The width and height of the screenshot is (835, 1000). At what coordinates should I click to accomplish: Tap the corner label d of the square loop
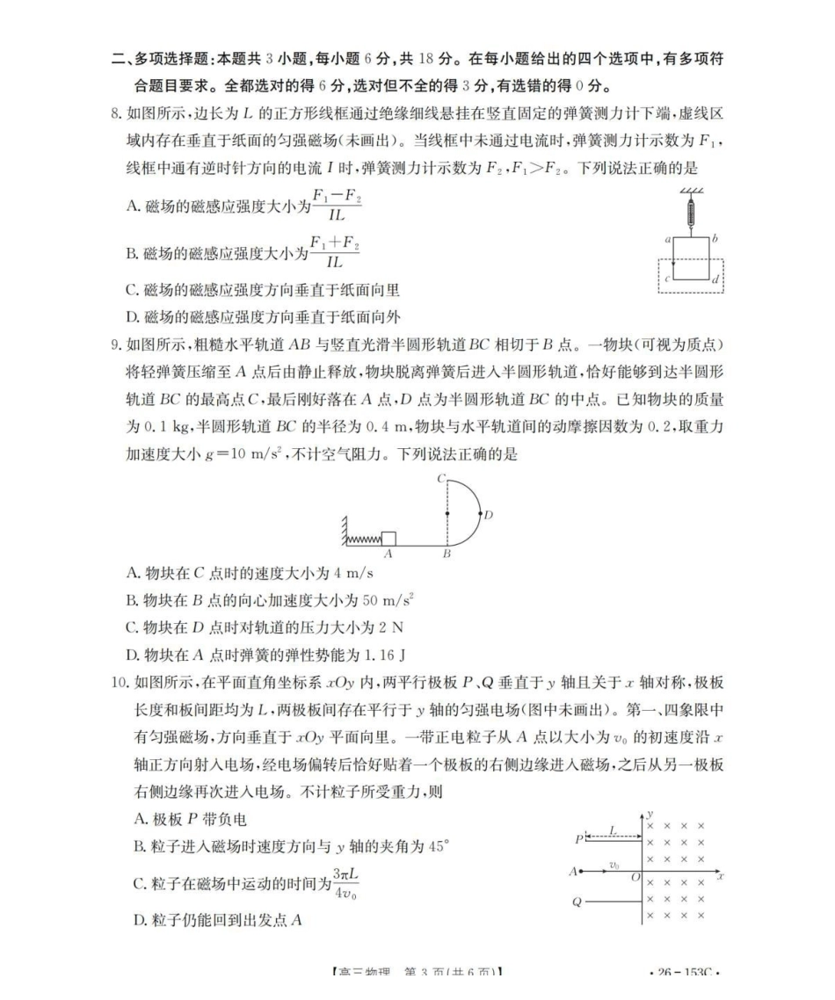pos(715,280)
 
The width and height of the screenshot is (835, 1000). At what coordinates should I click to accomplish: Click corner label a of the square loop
pos(669,238)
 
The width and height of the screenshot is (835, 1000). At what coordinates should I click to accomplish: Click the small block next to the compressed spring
pos(388,539)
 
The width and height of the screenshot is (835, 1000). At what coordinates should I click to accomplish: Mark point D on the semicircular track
pos(489,515)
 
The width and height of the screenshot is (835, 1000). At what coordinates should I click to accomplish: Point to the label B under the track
pos(447,555)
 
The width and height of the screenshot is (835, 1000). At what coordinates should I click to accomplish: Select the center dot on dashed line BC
pos(447,513)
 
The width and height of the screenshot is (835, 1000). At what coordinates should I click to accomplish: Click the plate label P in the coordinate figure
pos(579,839)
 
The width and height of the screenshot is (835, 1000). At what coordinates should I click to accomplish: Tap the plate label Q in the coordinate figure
pos(577,902)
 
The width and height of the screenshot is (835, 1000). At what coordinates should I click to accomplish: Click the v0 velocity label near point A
pos(614,866)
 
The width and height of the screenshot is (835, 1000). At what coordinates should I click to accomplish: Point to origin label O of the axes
pos(635,878)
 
